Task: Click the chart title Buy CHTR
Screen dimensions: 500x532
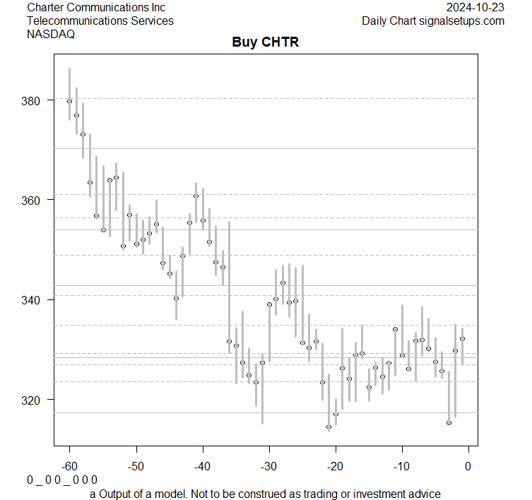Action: [x=266, y=42]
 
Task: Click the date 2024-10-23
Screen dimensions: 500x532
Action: [x=476, y=7]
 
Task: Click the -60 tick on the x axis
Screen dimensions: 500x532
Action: [x=69, y=466]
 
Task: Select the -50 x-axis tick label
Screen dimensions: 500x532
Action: [x=136, y=466]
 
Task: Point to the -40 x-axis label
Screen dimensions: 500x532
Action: [x=202, y=466]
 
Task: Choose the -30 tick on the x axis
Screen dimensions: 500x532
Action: [x=268, y=466]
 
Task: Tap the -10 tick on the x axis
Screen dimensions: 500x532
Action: [x=401, y=466]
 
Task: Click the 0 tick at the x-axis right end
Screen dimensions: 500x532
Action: [x=468, y=466]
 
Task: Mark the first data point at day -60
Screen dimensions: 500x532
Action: [x=69, y=101]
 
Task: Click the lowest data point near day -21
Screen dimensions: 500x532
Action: [x=329, y=427]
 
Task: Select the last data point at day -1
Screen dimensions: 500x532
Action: [x=462, y=338]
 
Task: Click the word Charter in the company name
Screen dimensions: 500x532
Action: [x=45, y=7]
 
